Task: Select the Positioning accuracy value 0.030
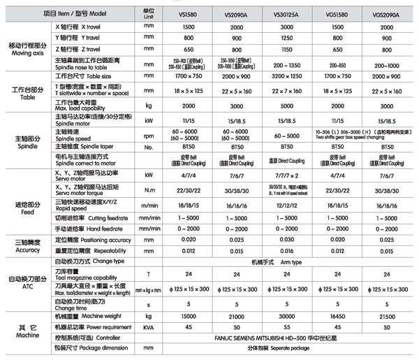click(289, 239)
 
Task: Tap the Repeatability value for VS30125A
click(289, 250)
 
